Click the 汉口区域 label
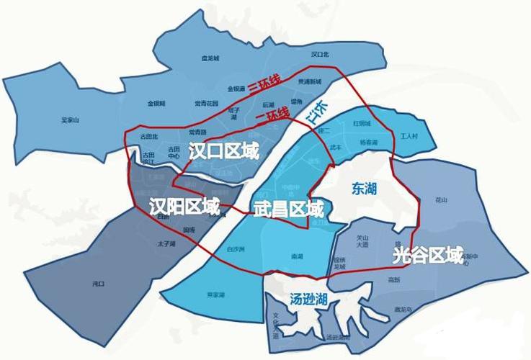(223, 150)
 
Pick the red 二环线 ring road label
(272, 116)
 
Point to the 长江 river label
(316, 114)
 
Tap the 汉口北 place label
(320, 54)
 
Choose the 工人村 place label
(409, 136)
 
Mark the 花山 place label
(442, 199)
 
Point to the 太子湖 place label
(166, 245)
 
